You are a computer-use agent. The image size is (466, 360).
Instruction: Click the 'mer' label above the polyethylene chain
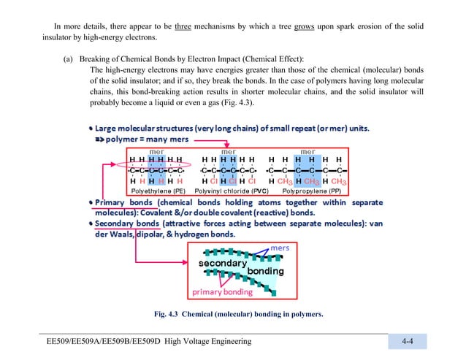156,152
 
